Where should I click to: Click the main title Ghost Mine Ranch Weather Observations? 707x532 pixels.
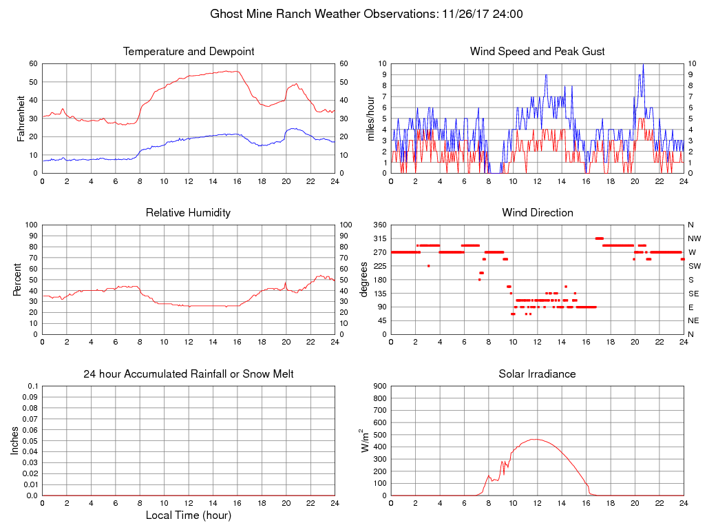(x=366, y=14)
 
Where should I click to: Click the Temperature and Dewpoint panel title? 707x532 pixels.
(x=189, y=52)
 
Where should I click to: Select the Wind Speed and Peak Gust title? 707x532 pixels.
(x=538, y=52)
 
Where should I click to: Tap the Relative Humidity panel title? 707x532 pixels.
(x=189, y=213)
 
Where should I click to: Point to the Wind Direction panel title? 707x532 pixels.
(x=538, y=213)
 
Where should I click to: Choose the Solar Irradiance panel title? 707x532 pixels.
(x=538, y=374)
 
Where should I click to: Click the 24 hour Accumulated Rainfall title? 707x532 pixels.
(x=189, y=374)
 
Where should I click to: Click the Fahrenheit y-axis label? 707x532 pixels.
(x=21, y=119)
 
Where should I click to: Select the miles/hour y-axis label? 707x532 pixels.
(x=370, y=119)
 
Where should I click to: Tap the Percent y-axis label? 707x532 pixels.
(x=17, y=280)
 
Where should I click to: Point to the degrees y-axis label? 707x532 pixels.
(x=364, y=280)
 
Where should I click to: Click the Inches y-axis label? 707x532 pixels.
(x=15, y=441)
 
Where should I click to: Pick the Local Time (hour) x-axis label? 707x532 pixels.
(x=189, y=515)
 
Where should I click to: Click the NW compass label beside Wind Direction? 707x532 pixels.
(x=692, y=238)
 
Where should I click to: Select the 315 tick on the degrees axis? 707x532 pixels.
(x=379, y=238)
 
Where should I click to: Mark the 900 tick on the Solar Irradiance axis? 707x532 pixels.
(x=379, y=386)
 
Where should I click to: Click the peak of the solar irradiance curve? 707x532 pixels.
(x=537, y=439)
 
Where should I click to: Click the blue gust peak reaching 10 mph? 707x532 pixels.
(x=643, y=64)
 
